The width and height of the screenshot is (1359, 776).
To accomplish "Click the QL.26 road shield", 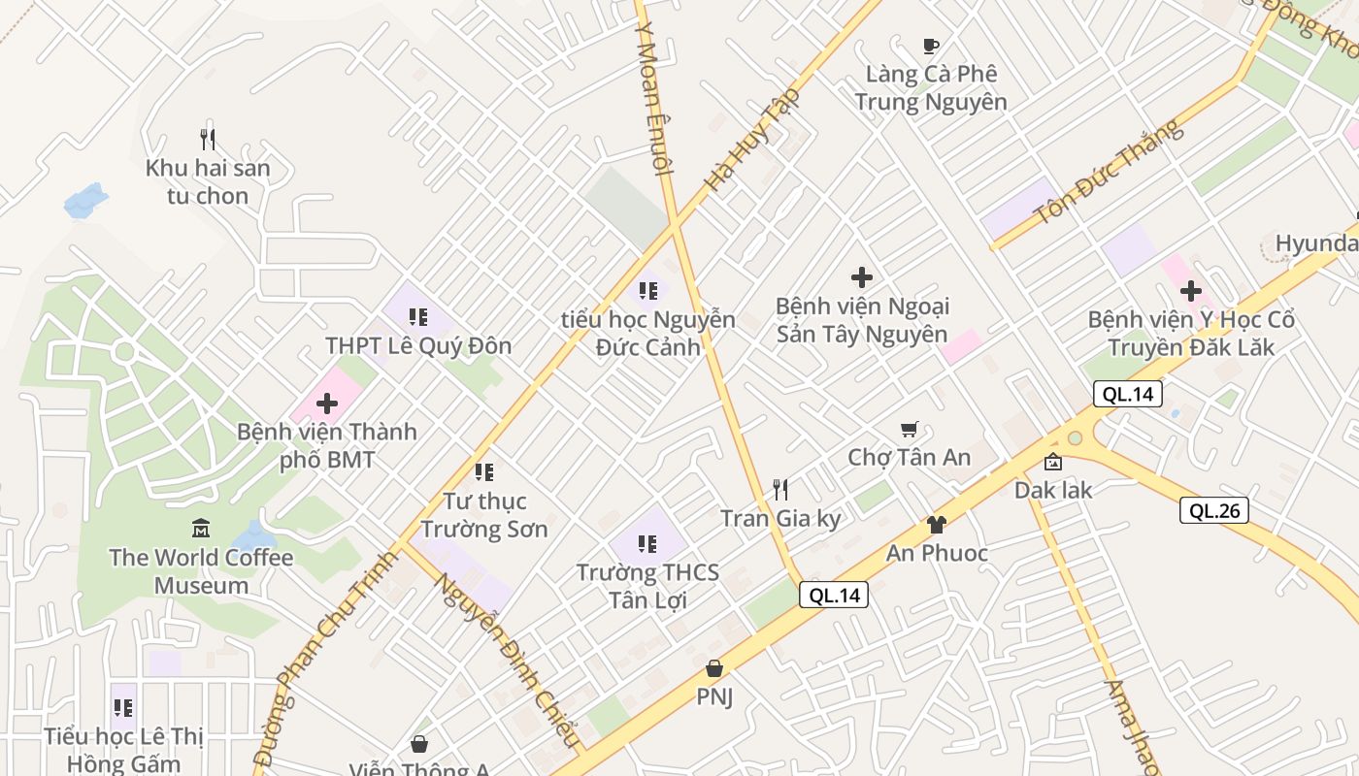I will (x=1213, y=510).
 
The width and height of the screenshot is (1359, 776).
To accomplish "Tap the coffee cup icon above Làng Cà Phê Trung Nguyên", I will (x=931, y=46).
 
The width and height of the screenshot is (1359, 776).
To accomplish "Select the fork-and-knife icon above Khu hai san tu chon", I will (x=207, y=140).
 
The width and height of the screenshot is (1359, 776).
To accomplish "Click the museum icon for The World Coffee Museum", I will (x=201, y=529).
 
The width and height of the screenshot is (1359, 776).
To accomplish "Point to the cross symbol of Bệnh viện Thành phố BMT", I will (x=327, y=404).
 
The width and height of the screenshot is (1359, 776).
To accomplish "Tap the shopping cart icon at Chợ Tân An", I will (x=910, y=429).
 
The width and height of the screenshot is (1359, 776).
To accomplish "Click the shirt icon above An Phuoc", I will (x=936, y=525).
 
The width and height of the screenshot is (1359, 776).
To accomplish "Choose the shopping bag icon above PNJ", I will (x=714, y=668).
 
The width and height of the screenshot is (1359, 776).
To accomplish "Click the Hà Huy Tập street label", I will (x=752, y=139).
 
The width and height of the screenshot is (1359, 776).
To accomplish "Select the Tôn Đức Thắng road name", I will (x=1110, y=172).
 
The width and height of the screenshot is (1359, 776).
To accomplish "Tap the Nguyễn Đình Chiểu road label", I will (x=508, y=661).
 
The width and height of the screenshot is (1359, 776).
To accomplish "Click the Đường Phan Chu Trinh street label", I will (x=326, y=660).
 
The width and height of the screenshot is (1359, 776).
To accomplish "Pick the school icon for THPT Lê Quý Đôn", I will (x=418, y=316).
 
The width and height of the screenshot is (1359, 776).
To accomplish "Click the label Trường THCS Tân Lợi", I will (x=647, y=586).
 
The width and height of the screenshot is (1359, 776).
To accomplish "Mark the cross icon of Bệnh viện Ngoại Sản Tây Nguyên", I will (x=861, y=277).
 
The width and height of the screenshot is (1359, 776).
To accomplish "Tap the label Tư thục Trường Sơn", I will (x=483, y=515).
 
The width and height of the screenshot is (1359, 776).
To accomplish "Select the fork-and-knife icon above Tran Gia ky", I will (x=780, y=490).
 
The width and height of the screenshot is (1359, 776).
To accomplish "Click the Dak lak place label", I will (x=1053, y=490).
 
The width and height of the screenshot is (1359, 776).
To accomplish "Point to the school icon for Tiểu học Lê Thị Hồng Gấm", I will (x=123, y=707).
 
